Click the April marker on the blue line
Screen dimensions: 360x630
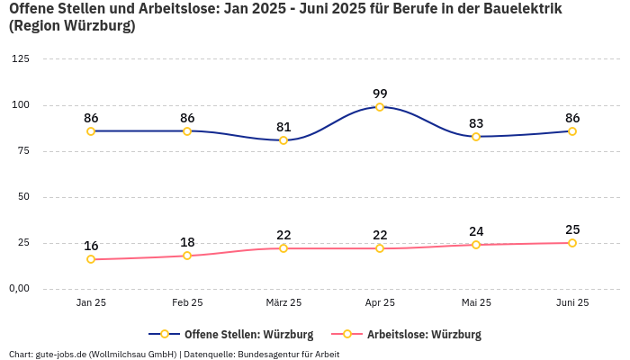(380, 107)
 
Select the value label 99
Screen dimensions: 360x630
(380, 94)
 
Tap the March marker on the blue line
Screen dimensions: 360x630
(283, 140)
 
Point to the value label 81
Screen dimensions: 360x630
(283, 127)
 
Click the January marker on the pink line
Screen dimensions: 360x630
(91, 259)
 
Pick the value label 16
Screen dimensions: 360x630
(91, 246)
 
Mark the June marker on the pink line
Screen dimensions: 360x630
(572, 243)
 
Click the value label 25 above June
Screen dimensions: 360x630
(572, 229)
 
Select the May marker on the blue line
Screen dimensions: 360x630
(476, 137)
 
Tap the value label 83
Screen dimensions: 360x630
(476, 123)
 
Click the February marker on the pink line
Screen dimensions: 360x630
(187, 256)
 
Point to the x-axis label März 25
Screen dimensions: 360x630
(283, 303)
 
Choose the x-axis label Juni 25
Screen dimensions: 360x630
(572, 303)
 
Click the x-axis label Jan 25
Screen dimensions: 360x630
(91, 303)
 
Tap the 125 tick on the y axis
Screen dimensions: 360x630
(19, 59)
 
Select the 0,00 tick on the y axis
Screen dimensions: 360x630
(19, 289)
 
